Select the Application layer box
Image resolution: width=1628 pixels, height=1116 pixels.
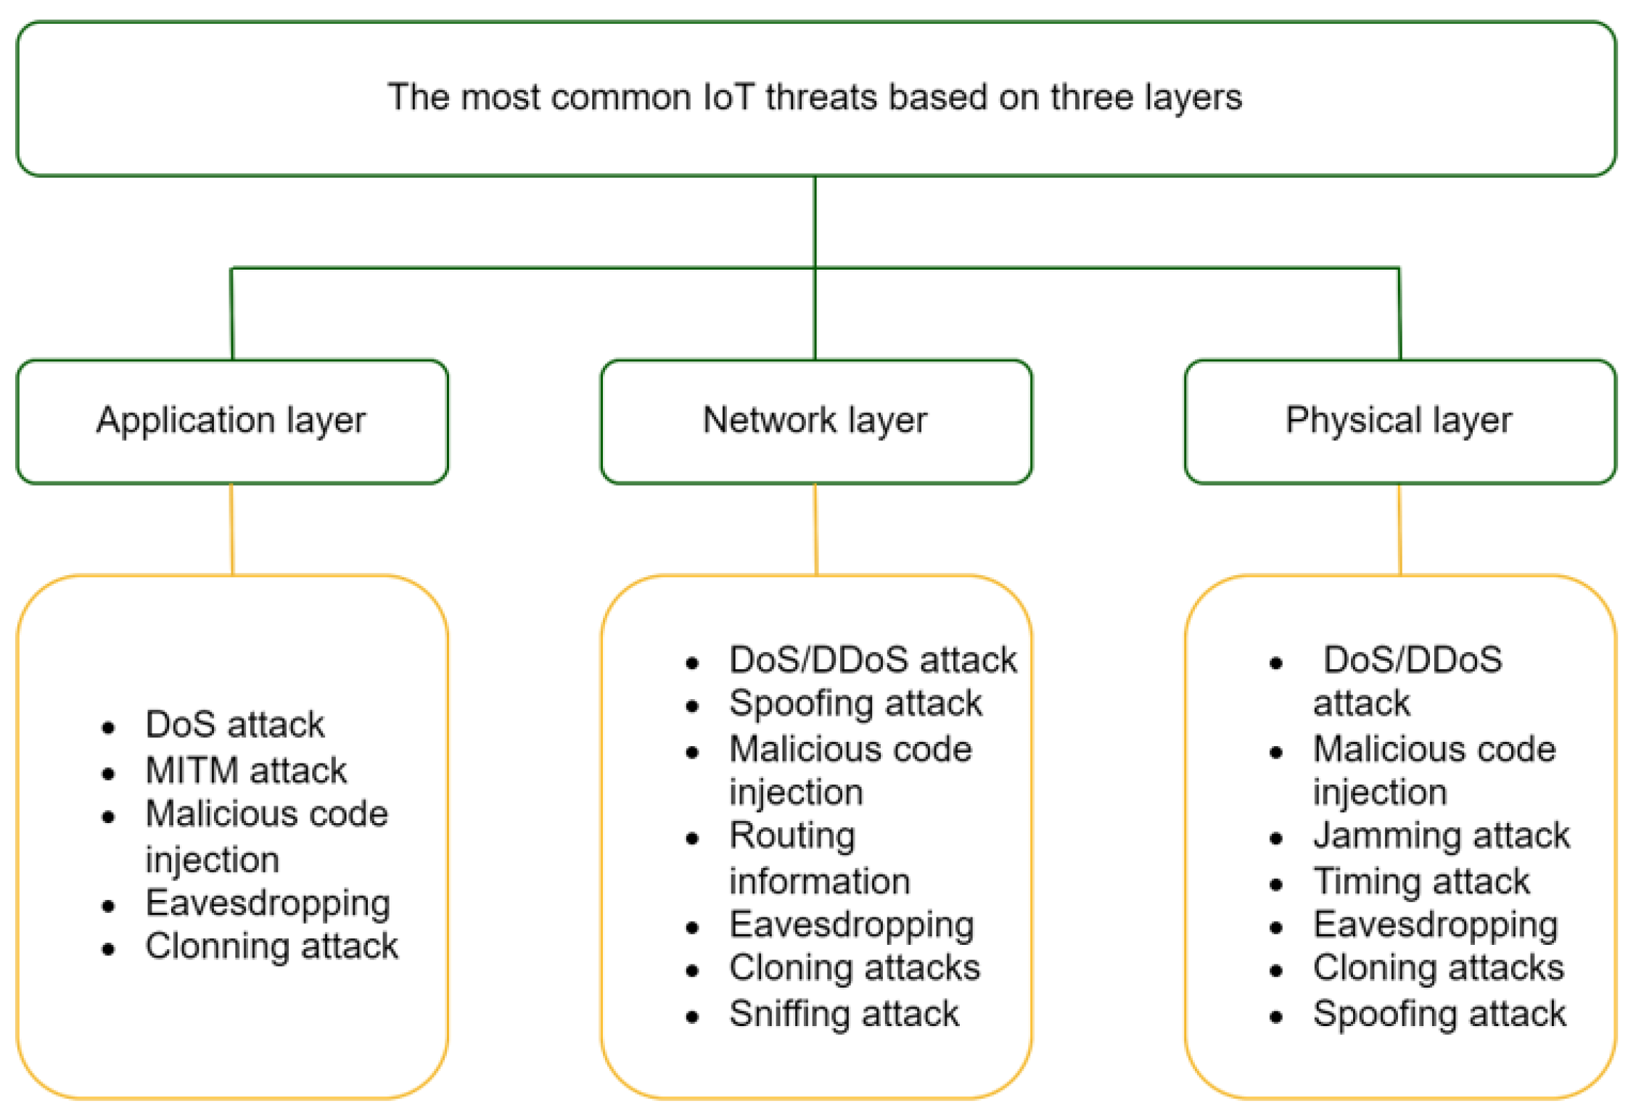(x=231, y=421)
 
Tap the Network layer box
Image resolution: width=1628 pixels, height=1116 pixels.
(x=815, y=421)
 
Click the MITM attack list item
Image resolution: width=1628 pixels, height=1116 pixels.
(x=246, y=770)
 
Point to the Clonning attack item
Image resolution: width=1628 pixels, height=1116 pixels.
(x=271, y=946)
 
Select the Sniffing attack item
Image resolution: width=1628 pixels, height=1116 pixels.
(x=844, y=1014)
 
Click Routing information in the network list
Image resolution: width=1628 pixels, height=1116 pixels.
(x=818, y=859)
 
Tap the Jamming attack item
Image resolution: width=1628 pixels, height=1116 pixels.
(x=1441, y=836)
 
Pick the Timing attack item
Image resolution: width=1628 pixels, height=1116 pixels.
(x=1421, y=882)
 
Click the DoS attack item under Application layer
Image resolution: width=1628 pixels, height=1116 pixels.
(x=234, y=724)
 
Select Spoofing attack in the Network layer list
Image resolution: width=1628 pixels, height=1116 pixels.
(x=855, y=703)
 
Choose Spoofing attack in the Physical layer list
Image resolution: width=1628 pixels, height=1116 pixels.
(x=1439, y=1014)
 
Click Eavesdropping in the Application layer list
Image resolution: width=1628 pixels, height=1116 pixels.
(x=268, y=904)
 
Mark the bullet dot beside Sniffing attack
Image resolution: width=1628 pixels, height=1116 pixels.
(x=692, y=1017)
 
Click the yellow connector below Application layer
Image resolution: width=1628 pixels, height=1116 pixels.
(x=232, y=529)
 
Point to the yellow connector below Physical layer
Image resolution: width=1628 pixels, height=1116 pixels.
(x=1399, y=529)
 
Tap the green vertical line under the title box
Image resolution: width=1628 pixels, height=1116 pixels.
(x=815, y=221)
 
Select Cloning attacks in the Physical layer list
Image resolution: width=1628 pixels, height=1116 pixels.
(x=1438, y=968)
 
